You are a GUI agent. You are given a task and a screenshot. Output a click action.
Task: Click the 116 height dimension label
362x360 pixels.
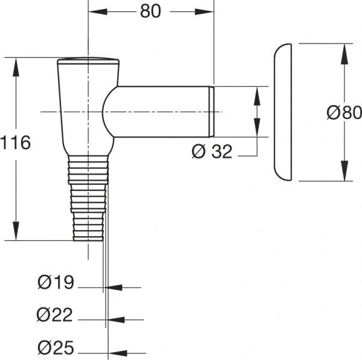click(16, 143)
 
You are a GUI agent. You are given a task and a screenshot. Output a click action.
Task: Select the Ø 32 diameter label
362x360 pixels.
click(212, 152)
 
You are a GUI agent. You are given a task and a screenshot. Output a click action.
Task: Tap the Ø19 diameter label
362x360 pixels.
click(56, 282)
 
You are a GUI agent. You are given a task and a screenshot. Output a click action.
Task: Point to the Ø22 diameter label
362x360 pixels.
click(55, 315)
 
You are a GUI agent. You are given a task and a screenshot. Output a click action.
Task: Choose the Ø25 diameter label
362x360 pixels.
click(56, 347)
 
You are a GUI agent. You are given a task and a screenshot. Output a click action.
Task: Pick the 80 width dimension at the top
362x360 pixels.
click(150, 11)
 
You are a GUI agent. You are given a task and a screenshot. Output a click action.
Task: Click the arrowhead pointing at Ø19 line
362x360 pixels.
click(113, 288)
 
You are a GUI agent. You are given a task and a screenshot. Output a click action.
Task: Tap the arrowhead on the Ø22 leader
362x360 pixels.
click(116, 320)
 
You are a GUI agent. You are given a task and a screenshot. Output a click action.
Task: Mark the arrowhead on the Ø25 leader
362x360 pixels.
click(119, 353)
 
